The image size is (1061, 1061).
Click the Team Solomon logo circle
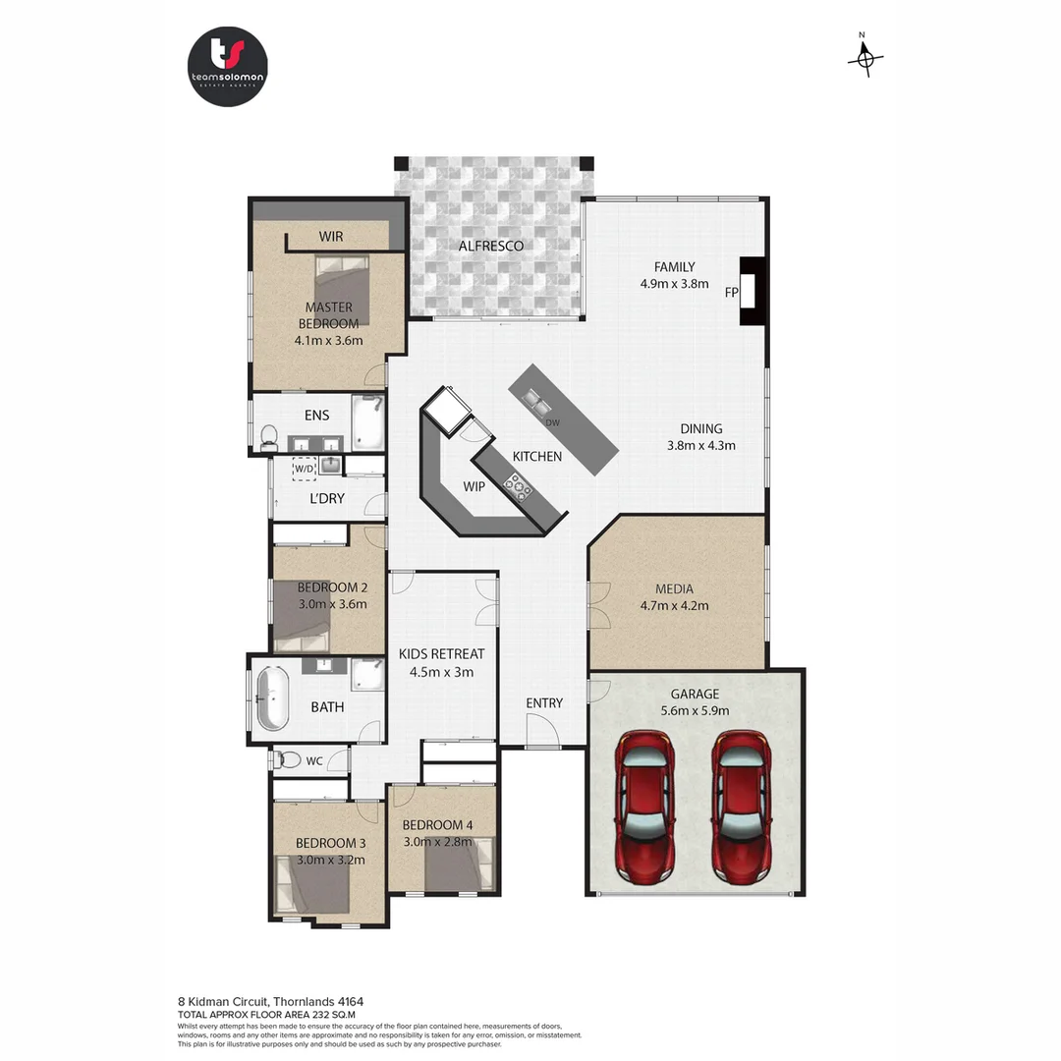point(227,67)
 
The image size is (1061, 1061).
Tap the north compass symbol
point(865,58)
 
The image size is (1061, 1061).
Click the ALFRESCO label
point(491,246)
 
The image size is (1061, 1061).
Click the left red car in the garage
point(644,806)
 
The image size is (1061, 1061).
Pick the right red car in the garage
point(742,806)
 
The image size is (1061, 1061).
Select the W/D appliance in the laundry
point(304,470)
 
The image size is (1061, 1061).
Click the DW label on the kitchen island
point(552,422)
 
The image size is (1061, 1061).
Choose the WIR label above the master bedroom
point(330,237)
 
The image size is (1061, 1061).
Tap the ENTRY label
point(544,702)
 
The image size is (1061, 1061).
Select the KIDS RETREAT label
point(441,653)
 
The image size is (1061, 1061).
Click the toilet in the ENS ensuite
point(269,434)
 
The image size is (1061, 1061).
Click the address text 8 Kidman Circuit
point(227,1001)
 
